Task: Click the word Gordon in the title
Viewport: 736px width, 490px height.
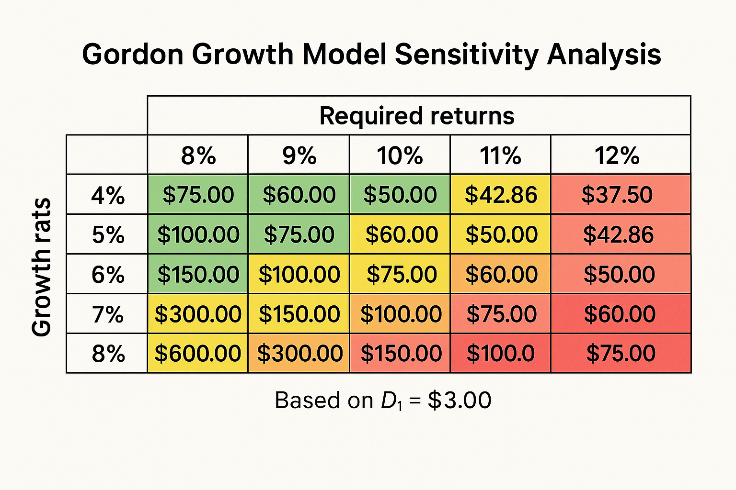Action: [x=133, y=54]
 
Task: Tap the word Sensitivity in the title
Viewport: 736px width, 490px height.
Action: [x=467, y=54]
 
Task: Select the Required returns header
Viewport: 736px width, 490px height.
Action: [x=417, y=116]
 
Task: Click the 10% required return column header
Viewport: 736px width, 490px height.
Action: [x=400, y=156]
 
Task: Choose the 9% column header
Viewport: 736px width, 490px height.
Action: [x=299, y=156]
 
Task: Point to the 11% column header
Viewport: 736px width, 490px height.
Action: [x=500, y=156]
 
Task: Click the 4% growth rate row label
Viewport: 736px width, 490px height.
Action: [x=108, y=195]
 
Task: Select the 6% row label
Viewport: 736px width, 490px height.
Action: [x=108, y=275]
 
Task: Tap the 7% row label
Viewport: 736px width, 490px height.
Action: [x=108, y=314]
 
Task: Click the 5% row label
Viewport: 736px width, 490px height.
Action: [x=108, y=235]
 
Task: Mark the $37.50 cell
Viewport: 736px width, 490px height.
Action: [x=617, y=195]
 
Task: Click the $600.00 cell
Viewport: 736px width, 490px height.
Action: [x=197, y=354]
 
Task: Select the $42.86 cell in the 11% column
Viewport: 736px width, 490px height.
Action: [x=501, y=195]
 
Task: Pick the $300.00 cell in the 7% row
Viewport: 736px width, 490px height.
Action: [x=197, y=314]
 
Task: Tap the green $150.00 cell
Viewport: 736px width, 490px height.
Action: [x=198, y=275]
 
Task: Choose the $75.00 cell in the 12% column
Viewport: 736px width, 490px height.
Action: [x=621, y=354]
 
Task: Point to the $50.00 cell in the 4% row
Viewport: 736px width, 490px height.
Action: [x=400, y=195]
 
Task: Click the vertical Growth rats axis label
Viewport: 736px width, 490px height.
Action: [x=41, y=267]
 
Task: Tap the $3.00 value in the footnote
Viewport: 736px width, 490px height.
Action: [x=459, y=400]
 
